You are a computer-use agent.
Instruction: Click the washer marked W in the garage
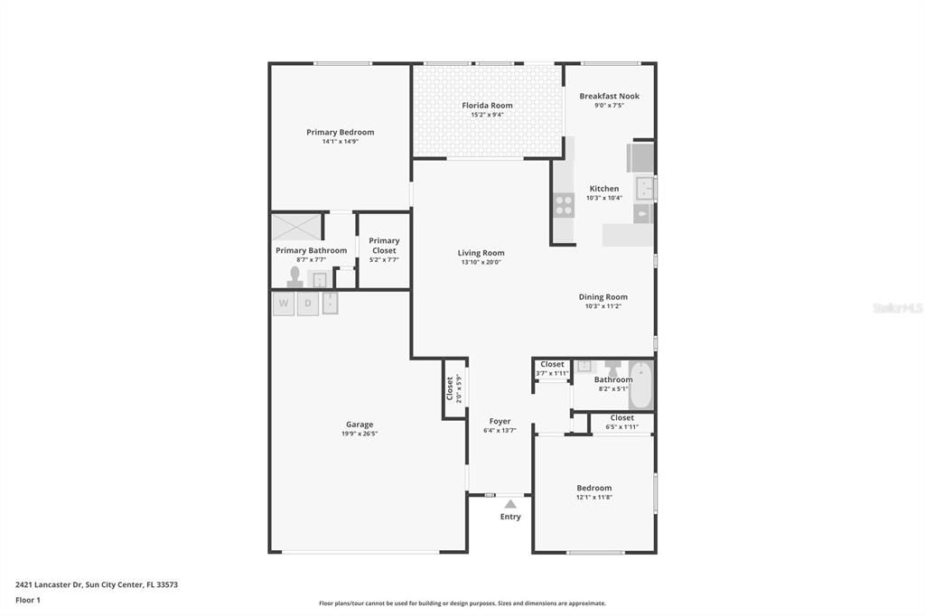coord(284,303)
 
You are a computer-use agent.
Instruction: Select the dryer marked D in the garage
coord(307,303)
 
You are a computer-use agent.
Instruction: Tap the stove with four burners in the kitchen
coord(564,205)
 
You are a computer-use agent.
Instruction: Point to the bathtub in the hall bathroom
coord(640,386)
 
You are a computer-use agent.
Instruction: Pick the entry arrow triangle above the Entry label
coord(510,504)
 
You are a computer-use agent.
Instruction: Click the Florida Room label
coord(487,106)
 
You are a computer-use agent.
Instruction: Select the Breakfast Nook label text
coord(609,96)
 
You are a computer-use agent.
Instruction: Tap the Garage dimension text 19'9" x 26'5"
coord(359,434)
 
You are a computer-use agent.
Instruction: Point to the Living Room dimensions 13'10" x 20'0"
coord(481,262)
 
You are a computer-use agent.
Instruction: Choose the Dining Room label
coord(603,296)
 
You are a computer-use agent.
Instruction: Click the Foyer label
coord(500,421)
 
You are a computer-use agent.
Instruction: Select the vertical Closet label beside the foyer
coord(450,388)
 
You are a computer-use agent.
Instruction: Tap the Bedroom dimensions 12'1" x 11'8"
coord(593,497)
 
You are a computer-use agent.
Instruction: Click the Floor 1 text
coord(28,600)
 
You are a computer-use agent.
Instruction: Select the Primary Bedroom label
coord(340,132)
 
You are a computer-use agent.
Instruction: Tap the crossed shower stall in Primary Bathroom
coord(296,226)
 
